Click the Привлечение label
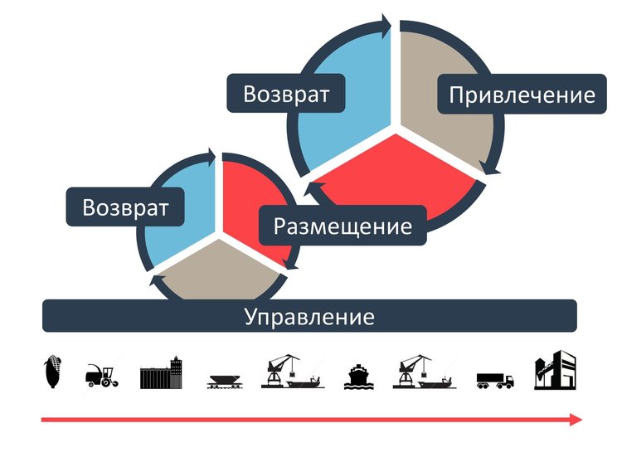point(522,95)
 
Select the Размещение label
point(343,225)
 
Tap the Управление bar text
point(309,317)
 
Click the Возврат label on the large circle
point(286,94)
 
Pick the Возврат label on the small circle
point(125,207)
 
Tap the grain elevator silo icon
point(162,372)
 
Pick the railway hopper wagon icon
point(226,380)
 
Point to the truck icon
point(495,380)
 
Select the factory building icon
point(555,372)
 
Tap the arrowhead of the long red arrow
point(575,421)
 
